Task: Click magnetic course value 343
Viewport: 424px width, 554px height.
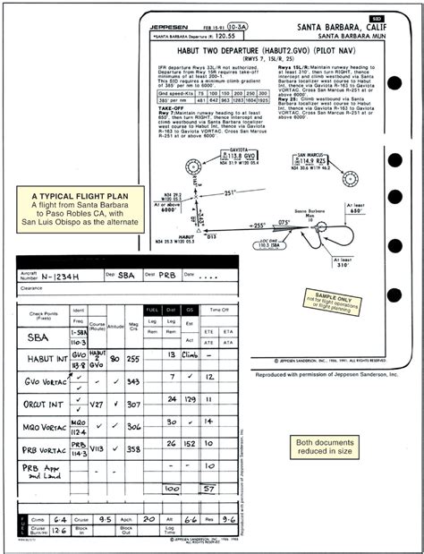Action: pyautogui.click(x=133, y=380)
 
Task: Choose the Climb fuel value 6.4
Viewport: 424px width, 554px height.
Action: pyautogui.click(x=59, y=517)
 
